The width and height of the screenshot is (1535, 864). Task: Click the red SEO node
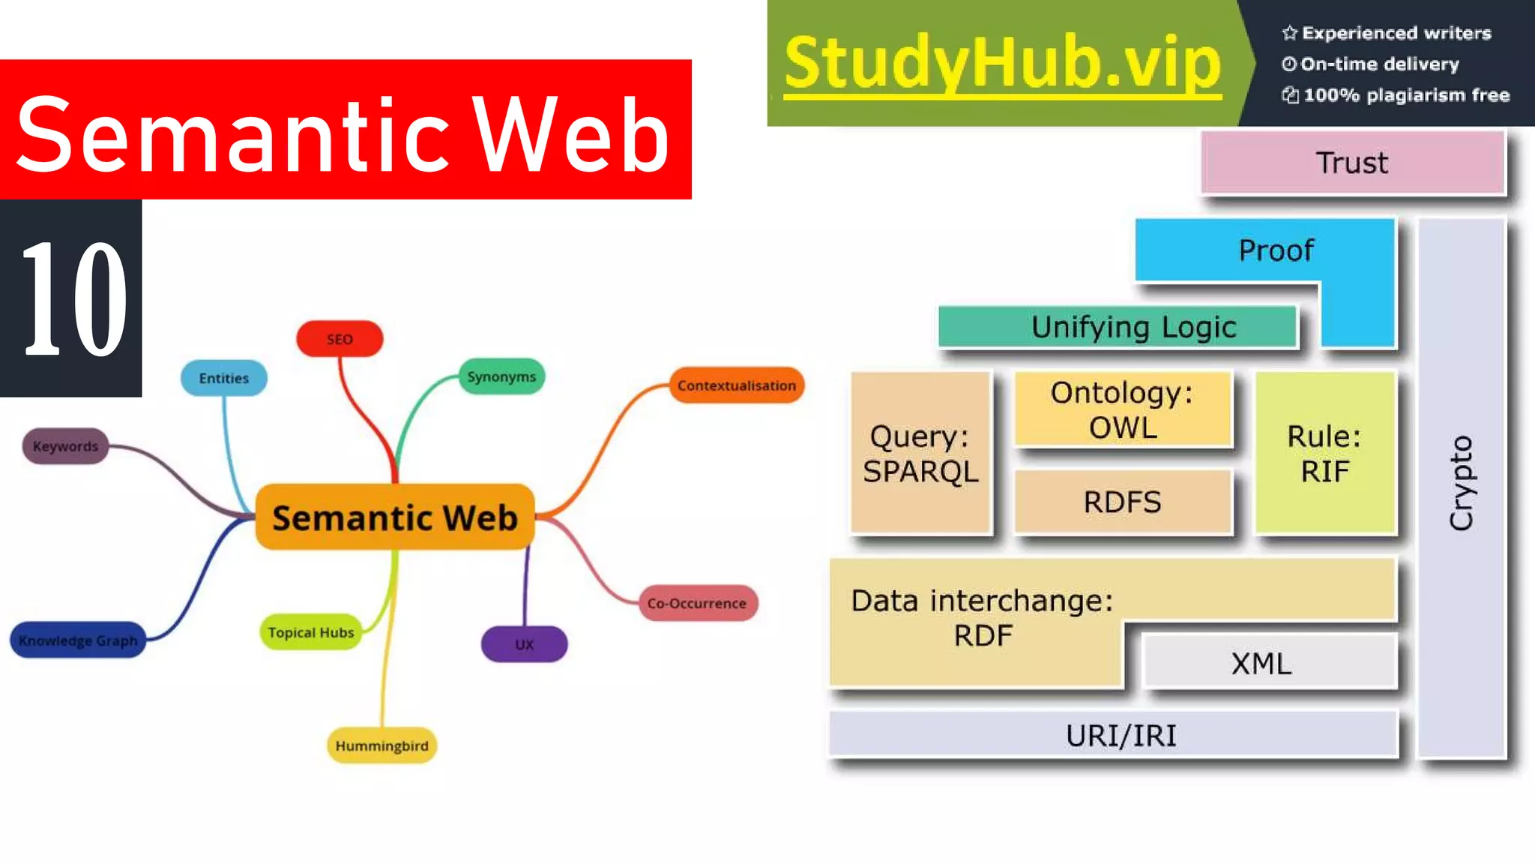[x=340, y=339]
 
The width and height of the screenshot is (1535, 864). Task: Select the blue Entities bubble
[x=223, y=378]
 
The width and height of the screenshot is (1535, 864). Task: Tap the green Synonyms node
[x=501, y=376]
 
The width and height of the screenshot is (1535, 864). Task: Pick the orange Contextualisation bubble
[x=736, y=385]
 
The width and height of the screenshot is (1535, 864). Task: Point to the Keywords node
[x=65, y=446]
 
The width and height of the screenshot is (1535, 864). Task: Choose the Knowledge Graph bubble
[x=78, y=640]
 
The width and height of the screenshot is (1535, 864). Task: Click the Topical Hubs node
[x=310, y=632]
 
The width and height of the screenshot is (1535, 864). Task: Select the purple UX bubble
[x=524, y=644]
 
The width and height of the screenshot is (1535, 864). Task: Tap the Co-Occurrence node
[x=697, y=603]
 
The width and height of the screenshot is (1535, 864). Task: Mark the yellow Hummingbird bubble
[x=382, y=745]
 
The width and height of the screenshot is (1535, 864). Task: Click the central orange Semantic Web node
[x=395, y=517]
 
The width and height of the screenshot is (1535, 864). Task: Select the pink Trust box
[x=1352, y=163]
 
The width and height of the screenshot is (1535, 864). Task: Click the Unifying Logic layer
[x=1117, y=327]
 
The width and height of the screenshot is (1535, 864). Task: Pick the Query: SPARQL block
[x=920, y=453]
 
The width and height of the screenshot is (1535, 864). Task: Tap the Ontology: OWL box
[x=1122, y=409]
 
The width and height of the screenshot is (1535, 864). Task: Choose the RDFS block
[x=1122, y=502]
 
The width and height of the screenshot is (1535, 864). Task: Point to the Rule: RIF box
[x=1324, y=453]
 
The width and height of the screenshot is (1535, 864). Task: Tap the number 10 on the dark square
[x=73, y=298]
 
